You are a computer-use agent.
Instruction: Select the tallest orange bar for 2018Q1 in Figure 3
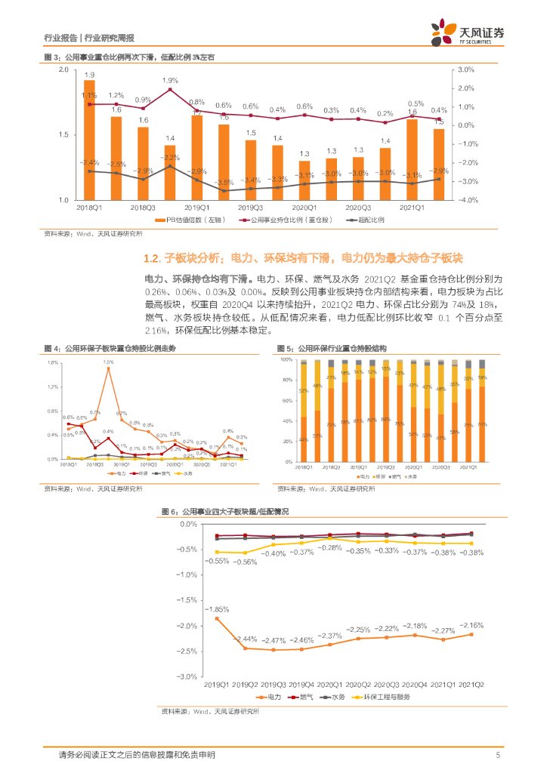click(89, 151)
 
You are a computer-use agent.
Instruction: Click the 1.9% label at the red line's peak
click(170, 80)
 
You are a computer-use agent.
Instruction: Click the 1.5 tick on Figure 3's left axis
click(63, 134)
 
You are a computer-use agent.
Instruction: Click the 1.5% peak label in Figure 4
click(108, 362)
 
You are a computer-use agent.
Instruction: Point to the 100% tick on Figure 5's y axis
click(286, 360)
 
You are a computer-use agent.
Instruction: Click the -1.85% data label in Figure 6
click(219, 609)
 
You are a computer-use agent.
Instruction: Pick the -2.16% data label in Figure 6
click(471, 625)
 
